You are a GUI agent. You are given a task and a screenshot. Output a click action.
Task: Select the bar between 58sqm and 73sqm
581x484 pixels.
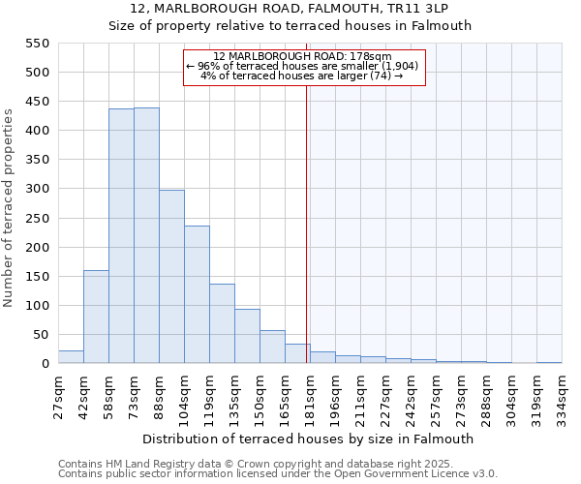click(121, 236)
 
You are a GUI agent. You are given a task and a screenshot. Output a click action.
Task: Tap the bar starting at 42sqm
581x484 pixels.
click(96, 317)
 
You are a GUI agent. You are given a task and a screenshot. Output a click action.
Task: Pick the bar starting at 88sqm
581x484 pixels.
click(171, 277)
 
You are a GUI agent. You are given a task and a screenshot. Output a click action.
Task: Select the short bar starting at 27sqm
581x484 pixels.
click(71, 357)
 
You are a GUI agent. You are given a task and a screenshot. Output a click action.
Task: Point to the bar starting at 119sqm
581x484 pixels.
click(222, 323)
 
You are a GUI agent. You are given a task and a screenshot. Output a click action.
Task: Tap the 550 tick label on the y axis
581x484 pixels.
click(37, 44)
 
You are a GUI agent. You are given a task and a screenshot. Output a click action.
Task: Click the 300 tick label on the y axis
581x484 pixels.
click(37, 189)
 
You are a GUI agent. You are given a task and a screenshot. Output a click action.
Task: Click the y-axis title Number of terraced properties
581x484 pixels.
click(10, 207)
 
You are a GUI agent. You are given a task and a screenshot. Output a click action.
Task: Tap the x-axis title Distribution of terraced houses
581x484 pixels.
click(308, 439)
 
